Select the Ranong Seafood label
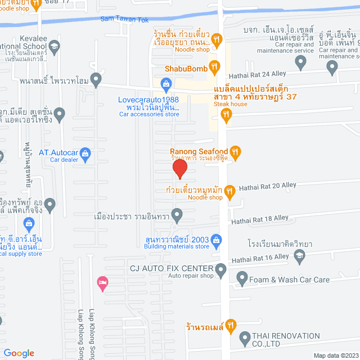pyautogui.click(x=199, y=151)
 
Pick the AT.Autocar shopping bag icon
pyautogui.click(x=85, y=152)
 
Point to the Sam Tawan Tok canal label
pyautogui.click(x=124, y=20)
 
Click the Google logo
pyautogui.click(x=18, y=353)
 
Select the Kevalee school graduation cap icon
pyautogui.click(x=54, y=46)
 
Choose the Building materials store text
pyautogui.click(x=176, y=246)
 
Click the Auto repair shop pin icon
pyautogui.click(x=222, y=272)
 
